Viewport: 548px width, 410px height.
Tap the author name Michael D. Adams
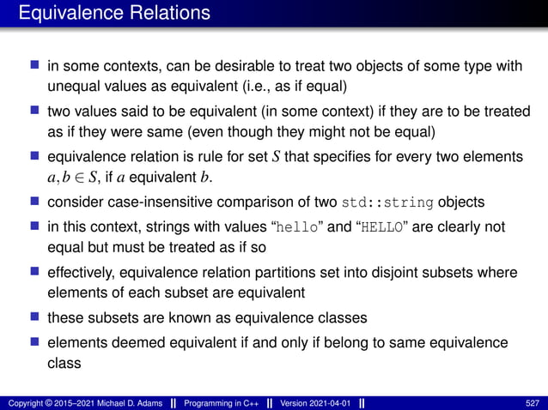tap(126, 402)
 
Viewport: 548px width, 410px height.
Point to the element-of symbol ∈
tap(75, 178)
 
